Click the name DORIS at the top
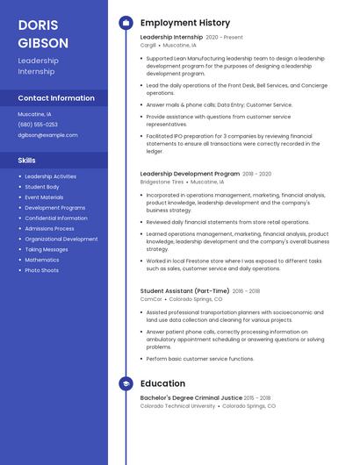(x=38, y=25)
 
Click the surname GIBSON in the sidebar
(x=43, y=42)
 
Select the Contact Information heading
(x=56, y=98)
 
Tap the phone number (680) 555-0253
(x=38, y=125)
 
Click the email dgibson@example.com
(x=47, y=135)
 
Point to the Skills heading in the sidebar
(x=27, y=161)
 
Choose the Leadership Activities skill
(x=51, y=176)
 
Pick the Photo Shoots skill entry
(x=42, y=270)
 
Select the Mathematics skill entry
(x=42, y=260)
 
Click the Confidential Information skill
(x=56, y=218)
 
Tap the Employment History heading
(x=185, y=23)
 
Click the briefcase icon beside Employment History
(x=126, y=23)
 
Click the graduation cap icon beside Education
(x=126, y=383)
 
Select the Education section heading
(x=162, y=383)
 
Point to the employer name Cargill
(x=148, y=45)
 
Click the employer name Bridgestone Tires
(x=162, y=182)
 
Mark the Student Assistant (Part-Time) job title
(x=184, y=290)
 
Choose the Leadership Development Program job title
(x=190, y=174)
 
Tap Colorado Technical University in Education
(x=177, y=406)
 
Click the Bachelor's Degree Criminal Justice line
(x=191, y=398)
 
